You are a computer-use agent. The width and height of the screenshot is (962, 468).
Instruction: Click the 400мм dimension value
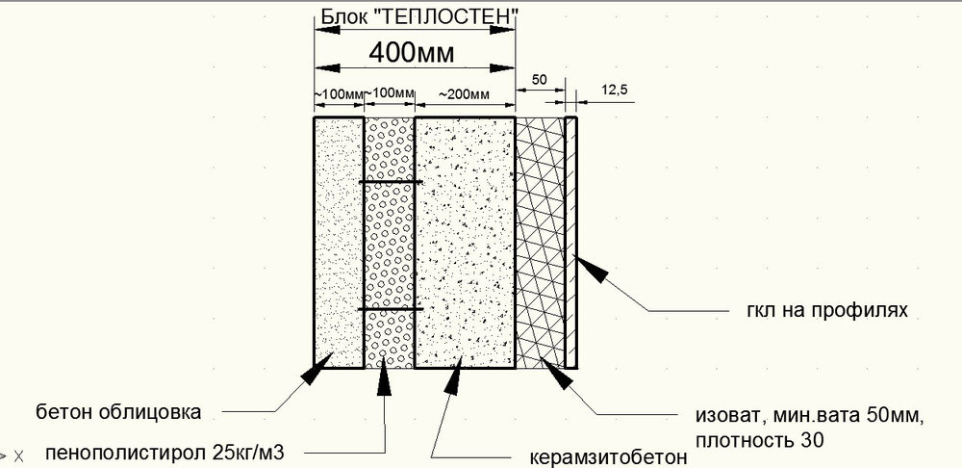coord(412,53)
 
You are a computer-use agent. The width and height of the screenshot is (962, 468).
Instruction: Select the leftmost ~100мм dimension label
coord(339,94)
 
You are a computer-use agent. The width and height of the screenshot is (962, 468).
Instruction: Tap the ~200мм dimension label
coord(464,94)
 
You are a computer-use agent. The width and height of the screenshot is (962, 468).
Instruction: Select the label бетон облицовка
coord(118,411)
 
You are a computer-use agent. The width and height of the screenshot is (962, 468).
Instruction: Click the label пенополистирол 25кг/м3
coord(165,454)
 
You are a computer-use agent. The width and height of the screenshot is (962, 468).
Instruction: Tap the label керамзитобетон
coord(607,458)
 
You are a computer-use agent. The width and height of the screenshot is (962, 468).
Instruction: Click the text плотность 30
coord(760,440)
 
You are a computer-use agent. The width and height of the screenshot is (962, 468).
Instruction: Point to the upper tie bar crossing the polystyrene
coord(391,182)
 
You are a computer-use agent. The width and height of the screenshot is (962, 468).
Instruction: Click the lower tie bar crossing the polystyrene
coord(391,308)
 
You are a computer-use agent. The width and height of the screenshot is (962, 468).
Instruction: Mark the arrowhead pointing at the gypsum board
coord(591,269)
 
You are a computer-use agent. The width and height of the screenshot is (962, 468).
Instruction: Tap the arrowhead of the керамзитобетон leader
coord(453,376)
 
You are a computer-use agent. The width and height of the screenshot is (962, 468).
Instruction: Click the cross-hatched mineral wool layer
coord(540,243)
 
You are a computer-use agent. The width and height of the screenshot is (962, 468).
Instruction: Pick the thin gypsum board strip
coord(571,243)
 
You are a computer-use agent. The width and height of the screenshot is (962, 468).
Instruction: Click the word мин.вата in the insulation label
coord(812,416)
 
